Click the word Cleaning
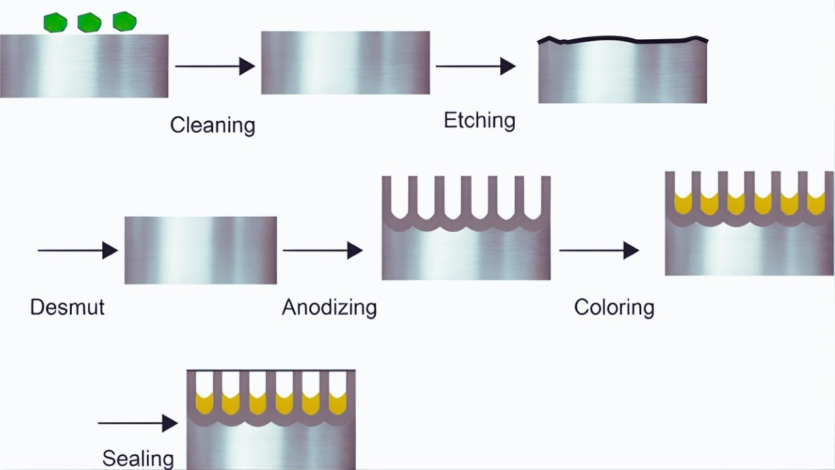[x=212, y=125]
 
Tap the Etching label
[x=479, y=120]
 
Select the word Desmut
[x=67, y=307]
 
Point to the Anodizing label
[x=329, y=307]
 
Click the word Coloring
[x=614, y=307]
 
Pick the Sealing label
[x=138, y=458]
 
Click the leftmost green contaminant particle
[x=55, y=23]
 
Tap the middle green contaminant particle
[x=89, y=23]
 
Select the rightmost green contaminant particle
[x=124, y=22]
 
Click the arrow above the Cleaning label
[x=215, y=66]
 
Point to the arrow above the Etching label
[x=476, y=66]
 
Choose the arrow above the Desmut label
[x=78, y=250]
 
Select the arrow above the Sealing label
[x=138, y=423]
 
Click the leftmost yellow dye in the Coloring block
[x=682, y=204]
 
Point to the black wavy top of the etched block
[x=623, y=40]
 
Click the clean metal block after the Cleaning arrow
[x=345, y=63]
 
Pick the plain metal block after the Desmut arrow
[x=200, y=250]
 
